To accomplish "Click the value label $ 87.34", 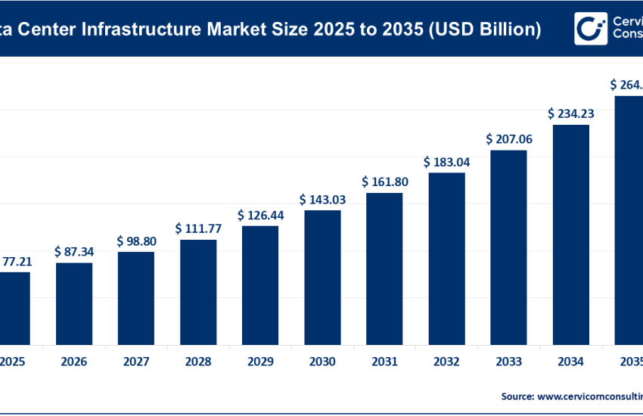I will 74,250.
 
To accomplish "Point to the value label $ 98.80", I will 136,241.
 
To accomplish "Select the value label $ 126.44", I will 260,215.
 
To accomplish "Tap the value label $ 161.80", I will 384,182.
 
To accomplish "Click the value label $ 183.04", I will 446,162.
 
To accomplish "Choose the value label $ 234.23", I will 570,113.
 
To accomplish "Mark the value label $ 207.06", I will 508,139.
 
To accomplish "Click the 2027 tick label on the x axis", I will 136,362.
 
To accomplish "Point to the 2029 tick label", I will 260,362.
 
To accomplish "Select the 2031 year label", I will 384,362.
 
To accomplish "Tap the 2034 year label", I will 570,362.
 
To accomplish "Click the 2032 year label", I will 446,362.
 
